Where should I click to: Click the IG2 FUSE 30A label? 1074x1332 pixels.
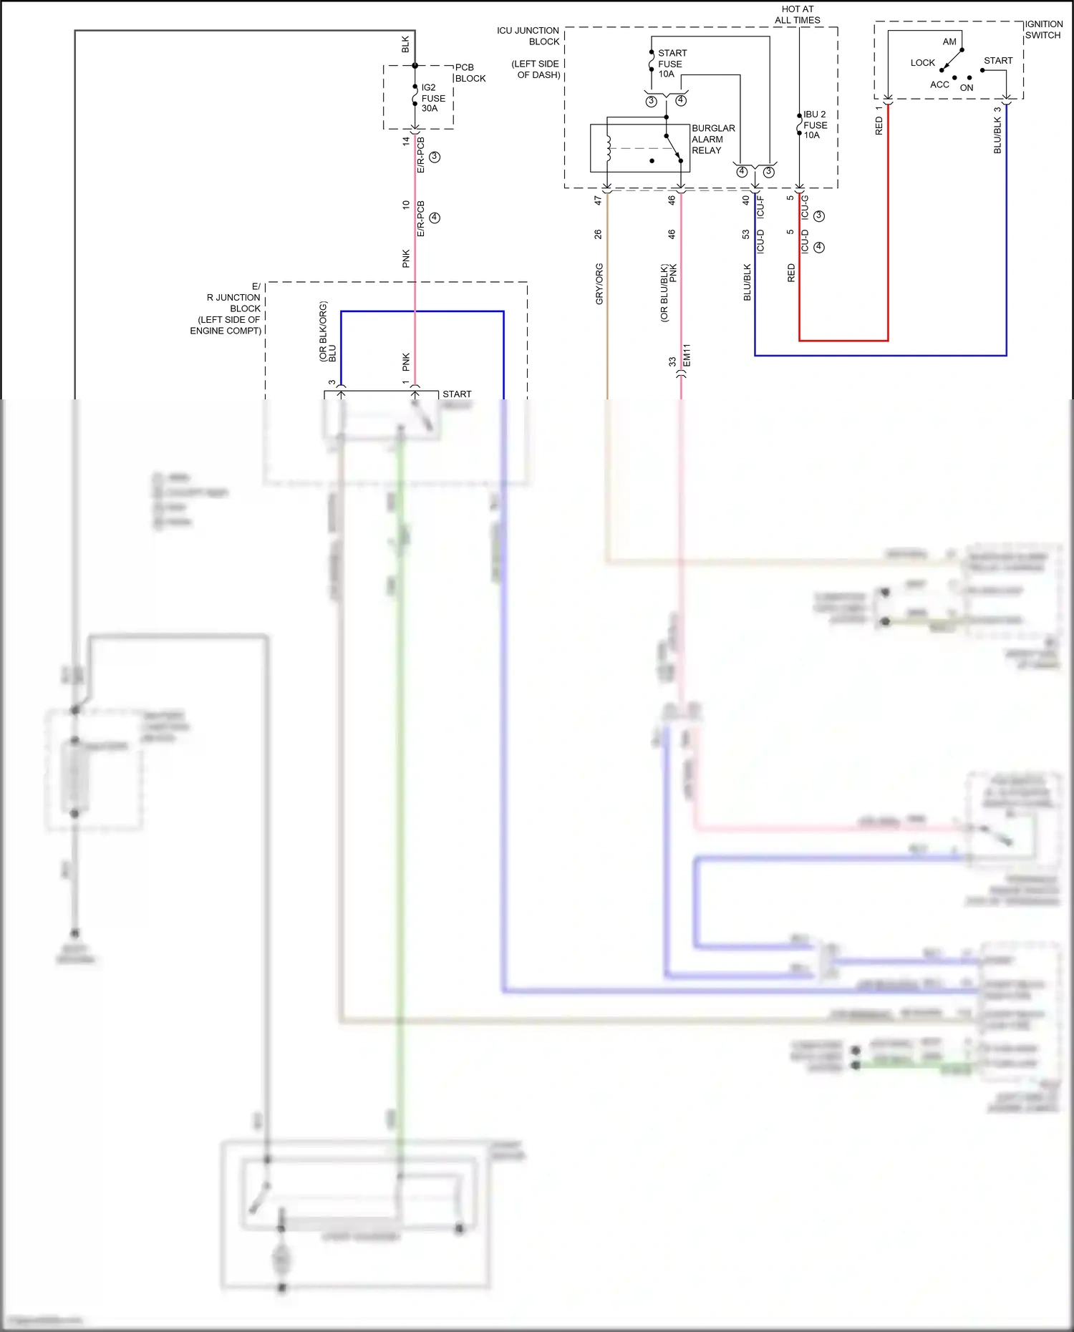tap(432, 98)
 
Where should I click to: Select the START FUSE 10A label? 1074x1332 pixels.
tap(671, 64)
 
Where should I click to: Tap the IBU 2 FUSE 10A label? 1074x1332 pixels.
tap(815, 125)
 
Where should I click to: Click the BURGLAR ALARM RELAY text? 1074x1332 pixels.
tap(712, 140)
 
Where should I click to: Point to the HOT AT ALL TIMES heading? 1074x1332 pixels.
tap(797, 14)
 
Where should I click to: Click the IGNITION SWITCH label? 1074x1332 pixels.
tap(1043, 29)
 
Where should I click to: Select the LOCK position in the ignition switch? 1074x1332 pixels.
tap(922, 63)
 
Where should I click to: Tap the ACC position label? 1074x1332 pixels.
tap(939, 84)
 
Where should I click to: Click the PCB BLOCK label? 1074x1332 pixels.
tap(470, 73)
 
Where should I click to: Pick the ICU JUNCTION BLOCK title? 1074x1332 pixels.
tap(528, 36)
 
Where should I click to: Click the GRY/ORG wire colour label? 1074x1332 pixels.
tap(599, 284)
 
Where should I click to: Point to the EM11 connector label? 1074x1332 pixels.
tap(687, 356)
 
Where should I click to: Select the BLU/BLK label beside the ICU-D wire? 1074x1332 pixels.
tap(748, 283)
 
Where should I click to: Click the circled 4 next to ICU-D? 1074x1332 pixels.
tap(819, 247)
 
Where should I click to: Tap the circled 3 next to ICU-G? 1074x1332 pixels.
tap(819, 215)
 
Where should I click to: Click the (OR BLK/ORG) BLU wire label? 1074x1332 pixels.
tap(327, 331)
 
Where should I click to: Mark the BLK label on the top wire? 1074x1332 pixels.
tap(406, 44)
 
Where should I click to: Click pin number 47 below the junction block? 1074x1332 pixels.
tap(598, 201)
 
